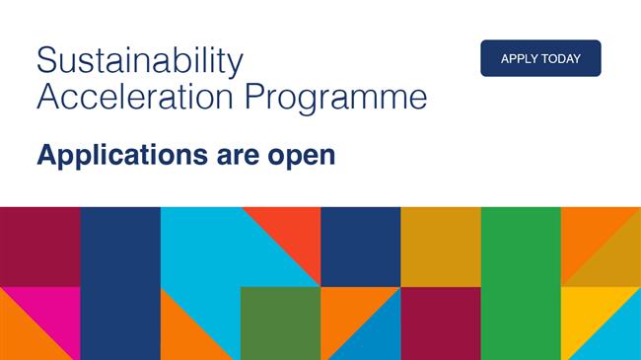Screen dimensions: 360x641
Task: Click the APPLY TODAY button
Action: (540, 58)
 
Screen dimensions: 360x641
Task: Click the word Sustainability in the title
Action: (139, 61)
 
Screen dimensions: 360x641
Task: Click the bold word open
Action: (306, 157)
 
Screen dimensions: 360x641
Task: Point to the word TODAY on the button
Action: (562, 58)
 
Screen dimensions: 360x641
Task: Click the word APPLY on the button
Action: (519, 58)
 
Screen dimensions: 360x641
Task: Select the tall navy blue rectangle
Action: (120, 283)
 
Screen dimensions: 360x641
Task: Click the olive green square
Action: (280, 323)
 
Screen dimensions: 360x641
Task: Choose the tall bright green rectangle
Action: (521, 283)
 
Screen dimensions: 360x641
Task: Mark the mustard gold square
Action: (441, 247)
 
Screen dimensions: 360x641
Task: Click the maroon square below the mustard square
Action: (441, 323)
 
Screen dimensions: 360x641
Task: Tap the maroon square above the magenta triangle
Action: (39, 247)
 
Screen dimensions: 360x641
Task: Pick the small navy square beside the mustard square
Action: (360, 247)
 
